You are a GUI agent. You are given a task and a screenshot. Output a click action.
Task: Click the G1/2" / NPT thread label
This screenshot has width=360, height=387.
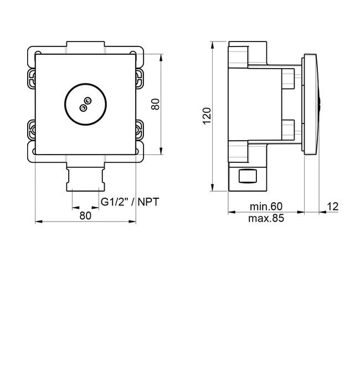(130, 202)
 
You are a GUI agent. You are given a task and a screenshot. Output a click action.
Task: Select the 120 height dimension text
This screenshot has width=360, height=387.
(207, 116)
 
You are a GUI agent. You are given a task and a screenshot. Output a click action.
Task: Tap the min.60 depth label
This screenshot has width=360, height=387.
(266, 207)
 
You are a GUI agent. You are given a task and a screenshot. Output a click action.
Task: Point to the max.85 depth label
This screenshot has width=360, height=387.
(266, 218)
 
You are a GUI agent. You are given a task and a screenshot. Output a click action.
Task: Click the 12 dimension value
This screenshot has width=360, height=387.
(333, 207)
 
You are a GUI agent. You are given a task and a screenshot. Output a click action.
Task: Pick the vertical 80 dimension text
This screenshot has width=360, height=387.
(155, 104)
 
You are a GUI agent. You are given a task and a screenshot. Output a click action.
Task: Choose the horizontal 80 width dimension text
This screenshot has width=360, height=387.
(85, 215)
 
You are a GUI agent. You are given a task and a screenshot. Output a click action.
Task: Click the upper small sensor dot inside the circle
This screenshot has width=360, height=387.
(88, 101)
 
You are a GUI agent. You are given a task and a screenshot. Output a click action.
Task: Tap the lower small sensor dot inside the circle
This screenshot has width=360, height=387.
(83, 108)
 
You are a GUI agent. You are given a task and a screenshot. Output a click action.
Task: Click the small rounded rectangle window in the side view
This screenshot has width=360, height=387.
(248, 176)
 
